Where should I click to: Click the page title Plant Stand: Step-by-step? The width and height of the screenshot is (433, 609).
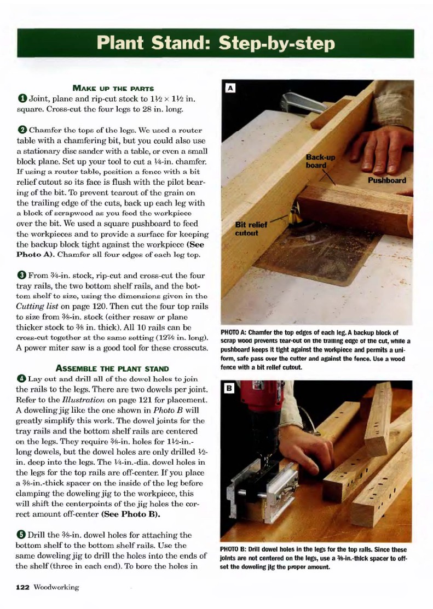(216, 43)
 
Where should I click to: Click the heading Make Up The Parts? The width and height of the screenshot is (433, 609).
(113, 88)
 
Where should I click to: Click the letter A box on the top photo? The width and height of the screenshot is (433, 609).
(231, 88)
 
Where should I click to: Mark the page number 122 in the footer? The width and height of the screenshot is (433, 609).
(22, 587)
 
